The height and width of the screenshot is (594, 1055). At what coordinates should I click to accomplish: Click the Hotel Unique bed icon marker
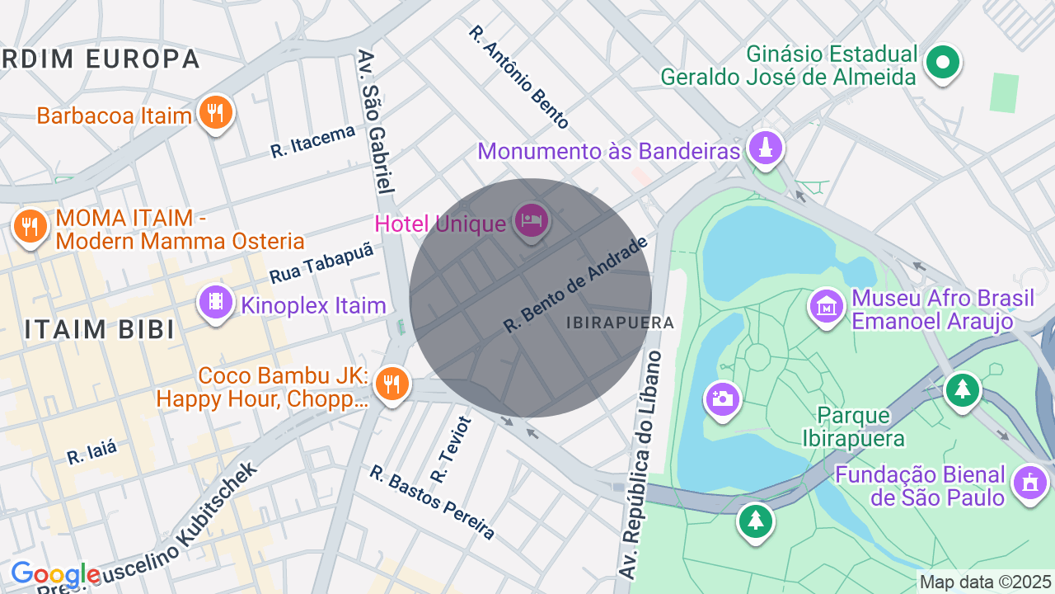[x=532, y=219]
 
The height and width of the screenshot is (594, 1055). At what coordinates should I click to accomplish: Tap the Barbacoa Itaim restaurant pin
[x=215, y=112]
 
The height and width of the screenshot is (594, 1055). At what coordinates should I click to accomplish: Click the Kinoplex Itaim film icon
[x=215, y=302]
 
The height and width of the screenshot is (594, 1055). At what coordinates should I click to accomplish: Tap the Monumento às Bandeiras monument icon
[x=766, y=148]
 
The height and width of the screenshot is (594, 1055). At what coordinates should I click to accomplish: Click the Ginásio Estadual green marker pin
[x=943, y=62]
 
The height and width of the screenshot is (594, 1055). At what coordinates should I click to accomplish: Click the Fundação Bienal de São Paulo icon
[x=1029, y=482]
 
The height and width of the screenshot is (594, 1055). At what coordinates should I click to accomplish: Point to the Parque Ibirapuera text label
[x=853, y=426]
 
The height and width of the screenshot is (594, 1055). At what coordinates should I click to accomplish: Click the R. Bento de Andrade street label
[x=576, y=285]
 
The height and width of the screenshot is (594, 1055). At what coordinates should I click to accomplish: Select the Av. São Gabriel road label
[x=376, y=121]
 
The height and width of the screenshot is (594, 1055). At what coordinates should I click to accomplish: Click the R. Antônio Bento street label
[x=518, y=77]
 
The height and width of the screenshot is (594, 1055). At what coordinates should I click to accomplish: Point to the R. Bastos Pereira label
[x=432, y=502]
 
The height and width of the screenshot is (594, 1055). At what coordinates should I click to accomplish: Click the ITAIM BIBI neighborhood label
[x=99, y=329]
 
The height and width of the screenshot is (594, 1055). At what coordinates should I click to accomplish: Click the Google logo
[x=54, y=574]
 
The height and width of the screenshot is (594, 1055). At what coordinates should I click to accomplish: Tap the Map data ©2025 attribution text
[x=985, y=582]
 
